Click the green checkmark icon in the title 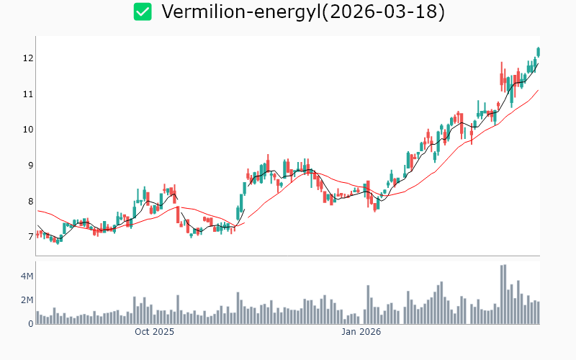tap(143, 12)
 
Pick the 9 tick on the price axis tap(27, 166)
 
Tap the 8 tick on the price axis tap(27, 202)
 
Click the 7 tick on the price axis tap(27, 237)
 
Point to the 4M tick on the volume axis tap(26, 276)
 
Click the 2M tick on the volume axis tap(26, 300)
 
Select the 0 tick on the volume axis tap(30, 324)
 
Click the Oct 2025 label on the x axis tap(154, 333)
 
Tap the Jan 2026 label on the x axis tap(361, 333)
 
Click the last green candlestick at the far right tap(538, 52)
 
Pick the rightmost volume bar tap(538, 312)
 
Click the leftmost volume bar tap(37, 318)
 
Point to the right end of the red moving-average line tap(539, 90)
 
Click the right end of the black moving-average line tap(538, 63)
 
